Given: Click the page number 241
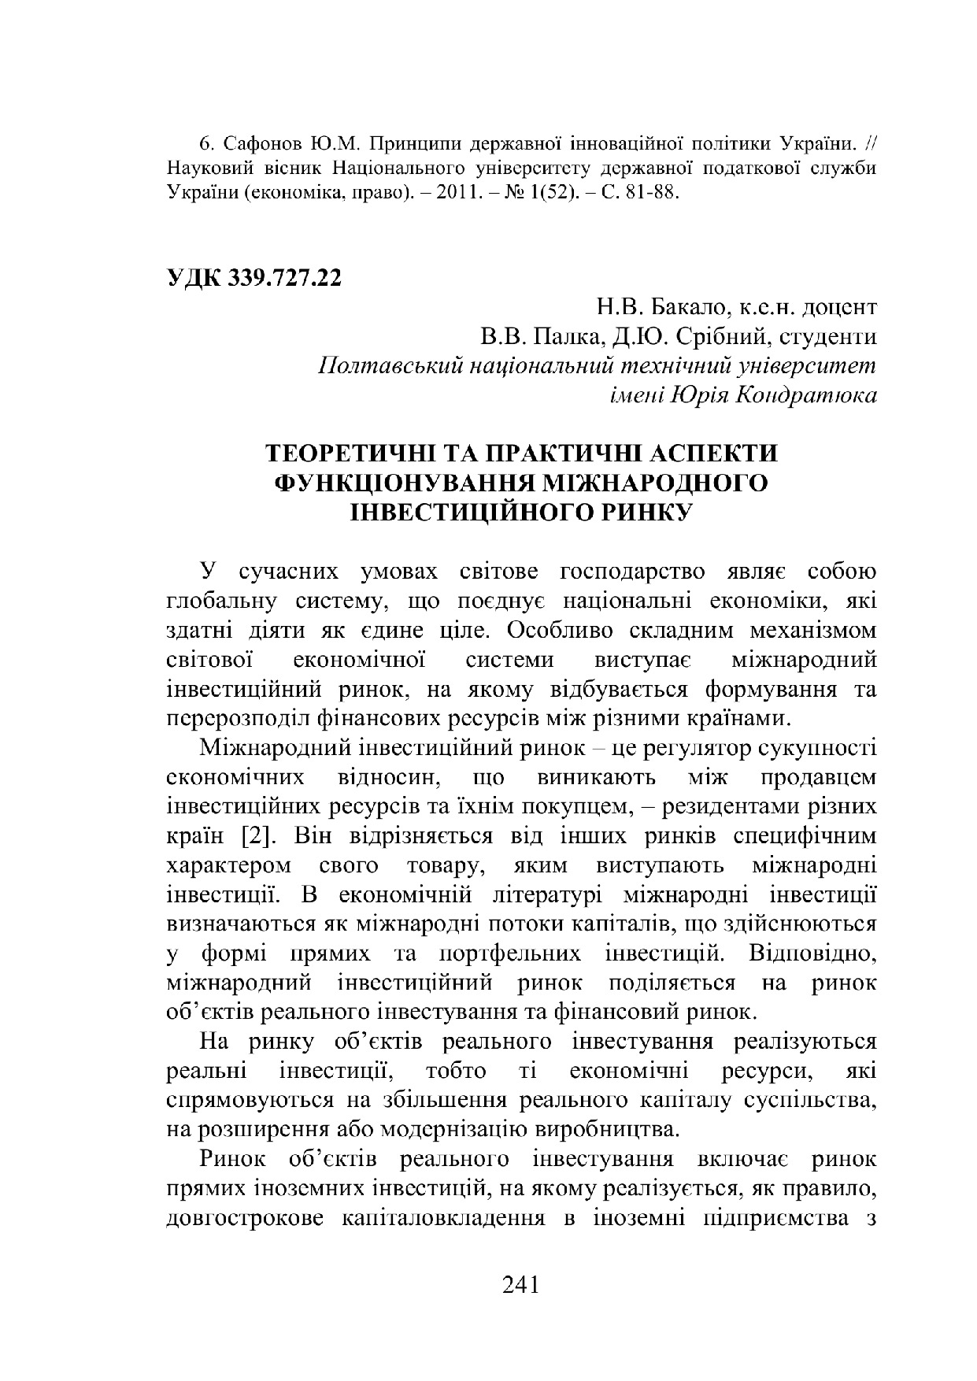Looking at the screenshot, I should [520, 1285].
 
